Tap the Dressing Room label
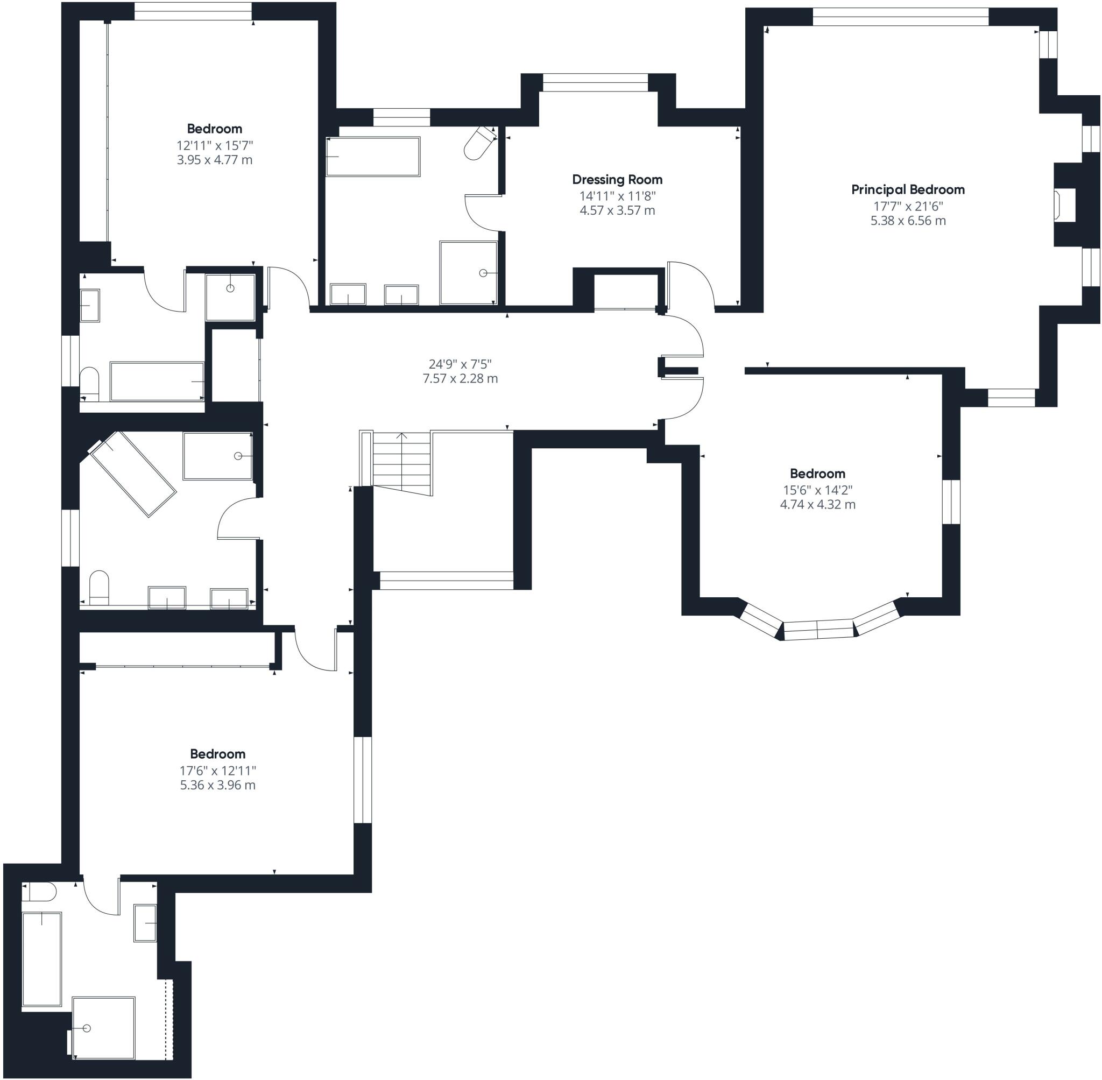point(617,180)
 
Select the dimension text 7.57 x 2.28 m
point(460,378)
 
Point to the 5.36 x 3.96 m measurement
point(218,785)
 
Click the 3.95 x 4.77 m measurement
point(215,160)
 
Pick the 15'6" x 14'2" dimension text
point(817,490)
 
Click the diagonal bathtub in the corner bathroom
point(132,474)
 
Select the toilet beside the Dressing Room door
point(480,143)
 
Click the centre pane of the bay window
point(818,630)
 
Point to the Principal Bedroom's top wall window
point(901,17)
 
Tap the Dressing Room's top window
point(596,83)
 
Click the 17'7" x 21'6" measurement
point(908,207)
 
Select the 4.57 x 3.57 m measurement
point(617,210)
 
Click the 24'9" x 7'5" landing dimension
point(460,364)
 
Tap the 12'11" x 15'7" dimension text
point(215,145)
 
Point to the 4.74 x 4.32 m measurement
point(818,504)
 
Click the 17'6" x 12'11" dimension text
point(218,770)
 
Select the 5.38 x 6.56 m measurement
point(908,221)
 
